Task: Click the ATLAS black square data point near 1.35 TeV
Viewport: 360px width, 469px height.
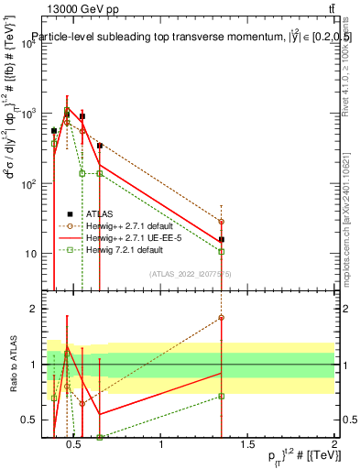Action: tap(222, 239)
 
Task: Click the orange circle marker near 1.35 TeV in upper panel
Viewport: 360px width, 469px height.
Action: tap(222, 222)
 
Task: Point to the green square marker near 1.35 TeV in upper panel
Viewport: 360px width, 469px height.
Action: tap(222, 251)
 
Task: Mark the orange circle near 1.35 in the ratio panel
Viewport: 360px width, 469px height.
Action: tap(222, 318)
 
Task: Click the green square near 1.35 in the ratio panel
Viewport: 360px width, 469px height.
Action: tap(222, 396)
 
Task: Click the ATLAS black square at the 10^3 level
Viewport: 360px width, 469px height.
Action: tap(67, 115)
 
